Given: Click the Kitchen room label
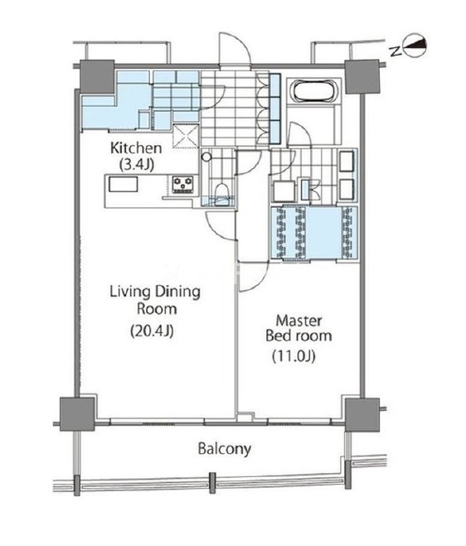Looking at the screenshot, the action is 136,148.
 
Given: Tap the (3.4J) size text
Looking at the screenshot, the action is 136,164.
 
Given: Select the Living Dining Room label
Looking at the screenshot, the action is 155,300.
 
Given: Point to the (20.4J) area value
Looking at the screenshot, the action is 152,331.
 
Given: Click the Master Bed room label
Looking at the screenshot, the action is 299,327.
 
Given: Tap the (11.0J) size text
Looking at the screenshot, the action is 294,355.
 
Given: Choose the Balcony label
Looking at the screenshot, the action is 225,449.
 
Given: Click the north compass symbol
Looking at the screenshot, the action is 415,46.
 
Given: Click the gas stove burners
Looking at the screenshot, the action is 183,184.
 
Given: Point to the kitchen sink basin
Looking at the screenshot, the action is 123,184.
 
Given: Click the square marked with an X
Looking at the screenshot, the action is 187,136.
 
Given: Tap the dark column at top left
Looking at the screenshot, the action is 97,76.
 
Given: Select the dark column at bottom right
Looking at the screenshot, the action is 362,414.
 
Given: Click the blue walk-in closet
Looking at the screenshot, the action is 314,233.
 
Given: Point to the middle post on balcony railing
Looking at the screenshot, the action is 212,483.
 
